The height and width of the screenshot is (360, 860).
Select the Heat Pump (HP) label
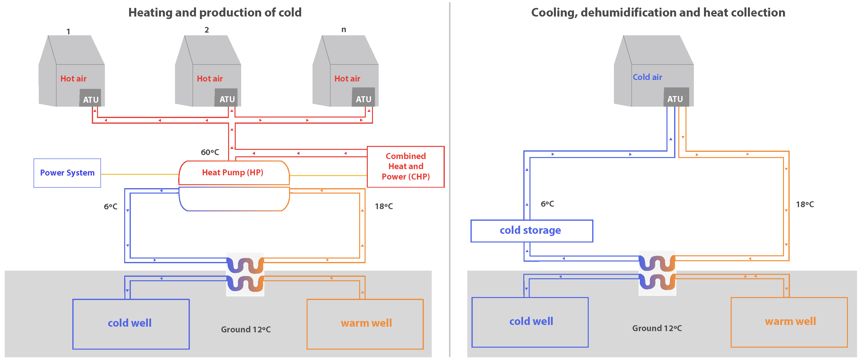tap(233, 172)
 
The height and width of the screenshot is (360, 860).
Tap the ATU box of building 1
tap(90, 98)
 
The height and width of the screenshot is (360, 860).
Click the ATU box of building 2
tap(226, 98)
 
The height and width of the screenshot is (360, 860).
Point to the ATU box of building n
tap(363, 97)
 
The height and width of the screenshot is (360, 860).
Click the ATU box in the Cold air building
tap(676, 97)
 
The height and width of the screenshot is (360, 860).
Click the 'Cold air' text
tap(647, 77)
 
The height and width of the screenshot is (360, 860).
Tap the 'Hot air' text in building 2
tap(210, 79)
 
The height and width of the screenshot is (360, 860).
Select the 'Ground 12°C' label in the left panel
tap(246, 330)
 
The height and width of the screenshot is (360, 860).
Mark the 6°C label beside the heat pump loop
tap(111, 206)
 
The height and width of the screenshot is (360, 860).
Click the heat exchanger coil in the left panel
tap(245, 275)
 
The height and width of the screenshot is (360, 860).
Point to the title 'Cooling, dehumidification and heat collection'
tap(658, 13)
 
